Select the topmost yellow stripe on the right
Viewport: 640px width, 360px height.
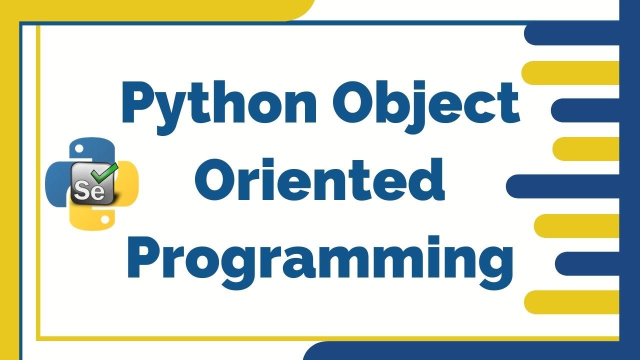[570, 72]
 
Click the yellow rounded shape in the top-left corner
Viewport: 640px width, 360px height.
[150, 9]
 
